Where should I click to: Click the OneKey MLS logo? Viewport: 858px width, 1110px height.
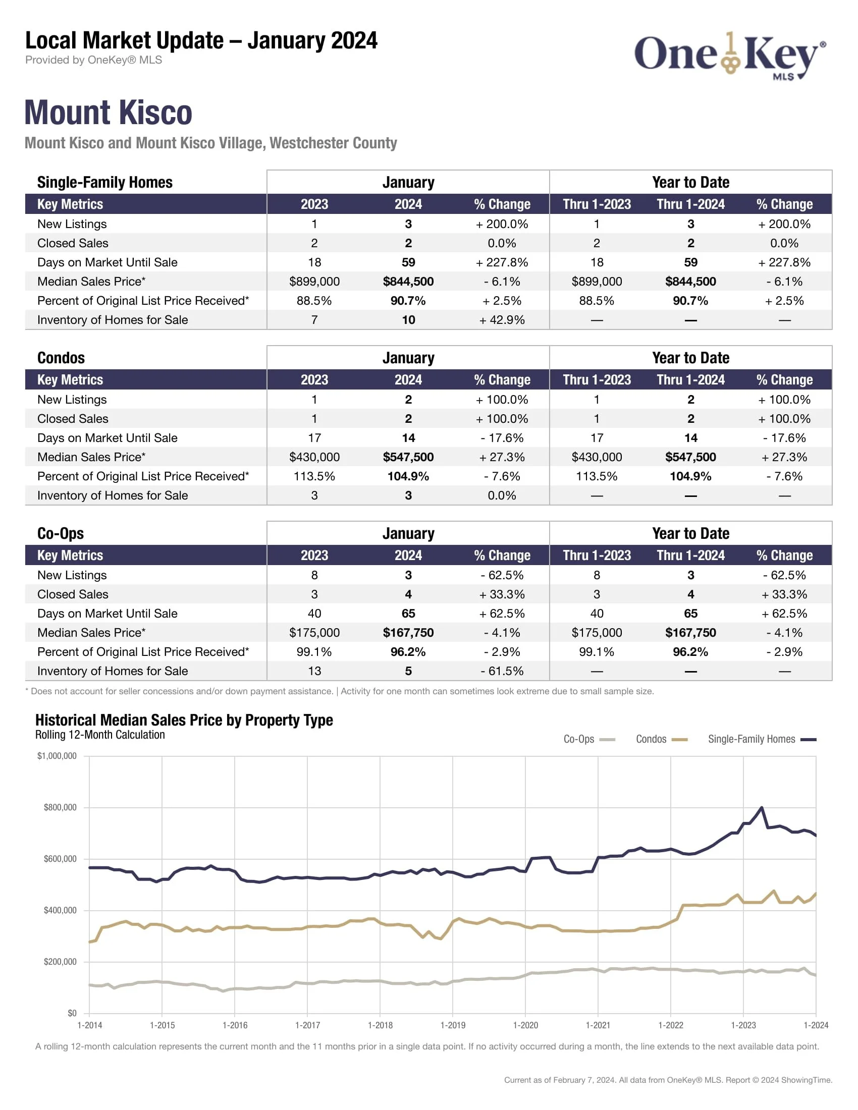tap(729, 55)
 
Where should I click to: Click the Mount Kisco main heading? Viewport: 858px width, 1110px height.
tap(109, 113)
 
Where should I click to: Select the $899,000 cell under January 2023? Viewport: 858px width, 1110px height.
tap(314, 282)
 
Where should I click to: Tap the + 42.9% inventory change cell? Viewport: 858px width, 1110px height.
tap(502, 320)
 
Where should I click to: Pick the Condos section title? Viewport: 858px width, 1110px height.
tap(61, 358)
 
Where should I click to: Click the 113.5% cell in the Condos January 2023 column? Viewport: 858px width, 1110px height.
tap(314, 476)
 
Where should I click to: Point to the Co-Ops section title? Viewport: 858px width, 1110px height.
tap(61, 533)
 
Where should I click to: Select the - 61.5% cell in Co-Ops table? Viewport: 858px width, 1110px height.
tap(502, 671)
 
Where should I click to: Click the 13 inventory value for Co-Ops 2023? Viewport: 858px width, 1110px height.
tap(314, 671)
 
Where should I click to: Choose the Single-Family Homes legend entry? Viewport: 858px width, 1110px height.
tap(762, 739)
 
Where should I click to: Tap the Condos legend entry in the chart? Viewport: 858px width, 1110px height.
tap(661, 739)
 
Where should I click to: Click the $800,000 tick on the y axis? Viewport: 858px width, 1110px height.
tap(60, 807)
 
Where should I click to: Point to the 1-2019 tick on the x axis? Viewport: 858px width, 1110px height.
tap(452, 1025)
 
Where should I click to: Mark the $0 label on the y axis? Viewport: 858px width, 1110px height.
tap(72, 1013)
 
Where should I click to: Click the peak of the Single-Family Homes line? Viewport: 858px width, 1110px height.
tap(761, 807)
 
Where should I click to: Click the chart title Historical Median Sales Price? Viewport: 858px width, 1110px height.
tap(184, 720)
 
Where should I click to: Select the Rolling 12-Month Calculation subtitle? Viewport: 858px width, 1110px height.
tap(100, 735)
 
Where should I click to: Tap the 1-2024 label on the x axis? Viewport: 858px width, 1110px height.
tap(815, 1025)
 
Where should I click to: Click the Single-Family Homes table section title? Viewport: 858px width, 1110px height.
tap(104, 183)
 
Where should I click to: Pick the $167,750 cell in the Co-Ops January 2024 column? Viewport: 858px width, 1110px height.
tap(408, 633)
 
